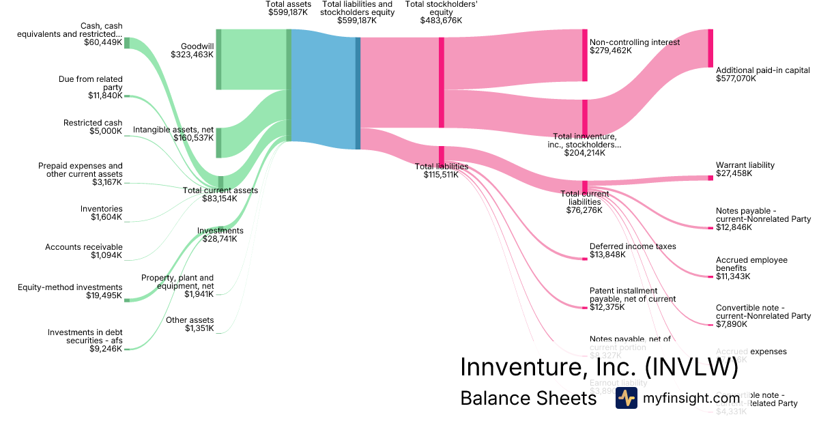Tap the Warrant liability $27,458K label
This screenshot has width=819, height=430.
pos(745,169)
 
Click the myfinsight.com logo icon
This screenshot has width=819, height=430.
pos(626,399)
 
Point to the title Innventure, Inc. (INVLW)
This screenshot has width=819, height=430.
pos(599,367)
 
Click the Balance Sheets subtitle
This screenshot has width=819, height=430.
pos(528,398)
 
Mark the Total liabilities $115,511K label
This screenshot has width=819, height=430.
pos(442,170)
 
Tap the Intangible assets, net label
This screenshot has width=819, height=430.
pos(173,133)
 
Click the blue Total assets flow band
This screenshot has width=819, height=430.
pos(322,89)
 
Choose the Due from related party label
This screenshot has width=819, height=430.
pos(90,87)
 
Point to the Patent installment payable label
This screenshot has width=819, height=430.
pos(632,299)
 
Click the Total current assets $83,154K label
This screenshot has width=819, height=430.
pos(220,195)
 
